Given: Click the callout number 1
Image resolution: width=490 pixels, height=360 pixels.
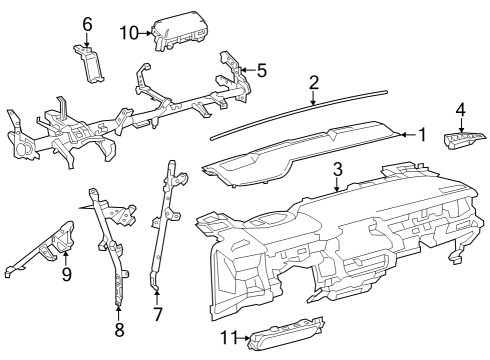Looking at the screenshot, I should [x=422, y=134].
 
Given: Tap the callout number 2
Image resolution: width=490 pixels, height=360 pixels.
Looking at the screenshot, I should [x=314, y=82].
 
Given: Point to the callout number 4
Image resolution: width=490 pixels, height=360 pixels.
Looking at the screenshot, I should [x=460, y=109].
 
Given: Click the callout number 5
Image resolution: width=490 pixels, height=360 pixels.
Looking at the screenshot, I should [x=262, y=70].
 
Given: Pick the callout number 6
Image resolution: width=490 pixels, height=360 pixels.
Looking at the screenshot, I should [x=87, y=23].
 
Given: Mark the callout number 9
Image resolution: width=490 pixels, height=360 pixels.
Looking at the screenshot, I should [x=67, y=273].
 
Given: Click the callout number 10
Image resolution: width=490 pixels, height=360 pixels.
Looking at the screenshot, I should [x=128, y=33].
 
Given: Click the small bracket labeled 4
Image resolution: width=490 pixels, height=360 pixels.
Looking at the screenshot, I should [x=461, y=139].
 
